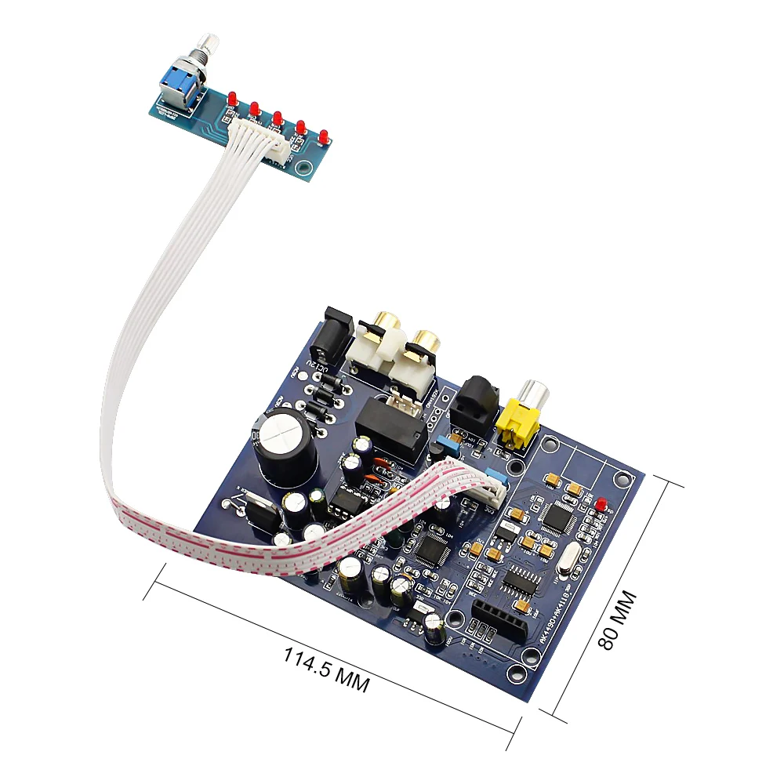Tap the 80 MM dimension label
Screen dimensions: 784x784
click(618, 619)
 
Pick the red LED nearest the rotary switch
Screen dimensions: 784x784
click(233, 100)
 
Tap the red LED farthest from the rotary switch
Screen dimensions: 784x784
click(322, 137)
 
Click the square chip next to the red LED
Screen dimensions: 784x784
click(558, 515)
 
